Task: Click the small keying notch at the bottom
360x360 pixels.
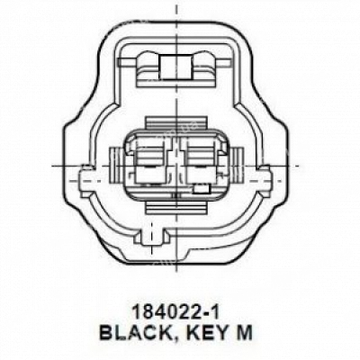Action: tap(153, 237)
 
